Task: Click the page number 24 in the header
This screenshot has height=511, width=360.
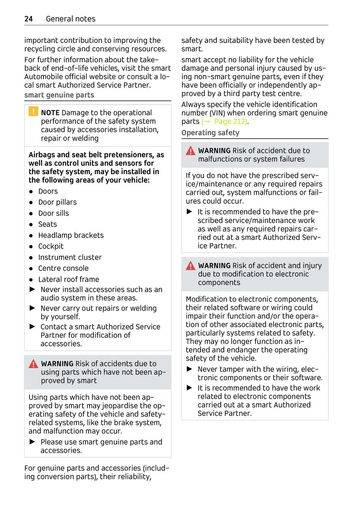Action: click(28, 19)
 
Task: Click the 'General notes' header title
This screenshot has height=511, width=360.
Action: click(70, 19)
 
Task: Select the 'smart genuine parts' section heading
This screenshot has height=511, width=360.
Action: click(59, 95)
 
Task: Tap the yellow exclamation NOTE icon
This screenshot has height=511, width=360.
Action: click(33, 111)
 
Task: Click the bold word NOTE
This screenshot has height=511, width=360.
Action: click(50, 113)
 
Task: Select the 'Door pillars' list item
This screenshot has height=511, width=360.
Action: click(57, 202)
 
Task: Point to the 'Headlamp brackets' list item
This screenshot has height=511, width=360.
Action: click(71, 235)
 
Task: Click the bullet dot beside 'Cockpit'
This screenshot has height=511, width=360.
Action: click(31, 247)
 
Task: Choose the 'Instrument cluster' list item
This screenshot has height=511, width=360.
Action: click(70, 257)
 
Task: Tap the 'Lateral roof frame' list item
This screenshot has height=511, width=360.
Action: click(69, 279)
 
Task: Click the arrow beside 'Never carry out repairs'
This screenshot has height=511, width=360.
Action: click(32, 308)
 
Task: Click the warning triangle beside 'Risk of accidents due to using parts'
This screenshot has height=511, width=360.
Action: click(33, 364)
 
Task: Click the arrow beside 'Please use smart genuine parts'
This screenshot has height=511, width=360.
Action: click(32, 442)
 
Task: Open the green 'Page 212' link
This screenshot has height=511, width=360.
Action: click(230, 122)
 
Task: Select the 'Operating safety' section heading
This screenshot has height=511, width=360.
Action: click(210, 133)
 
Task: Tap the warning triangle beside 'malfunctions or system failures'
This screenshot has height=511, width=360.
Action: click(190, 151)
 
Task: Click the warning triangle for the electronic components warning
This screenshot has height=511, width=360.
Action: click(190, 266)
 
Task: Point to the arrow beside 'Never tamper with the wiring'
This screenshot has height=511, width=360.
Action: click(189, 369)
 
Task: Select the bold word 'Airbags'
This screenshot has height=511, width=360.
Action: click(42, 155)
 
